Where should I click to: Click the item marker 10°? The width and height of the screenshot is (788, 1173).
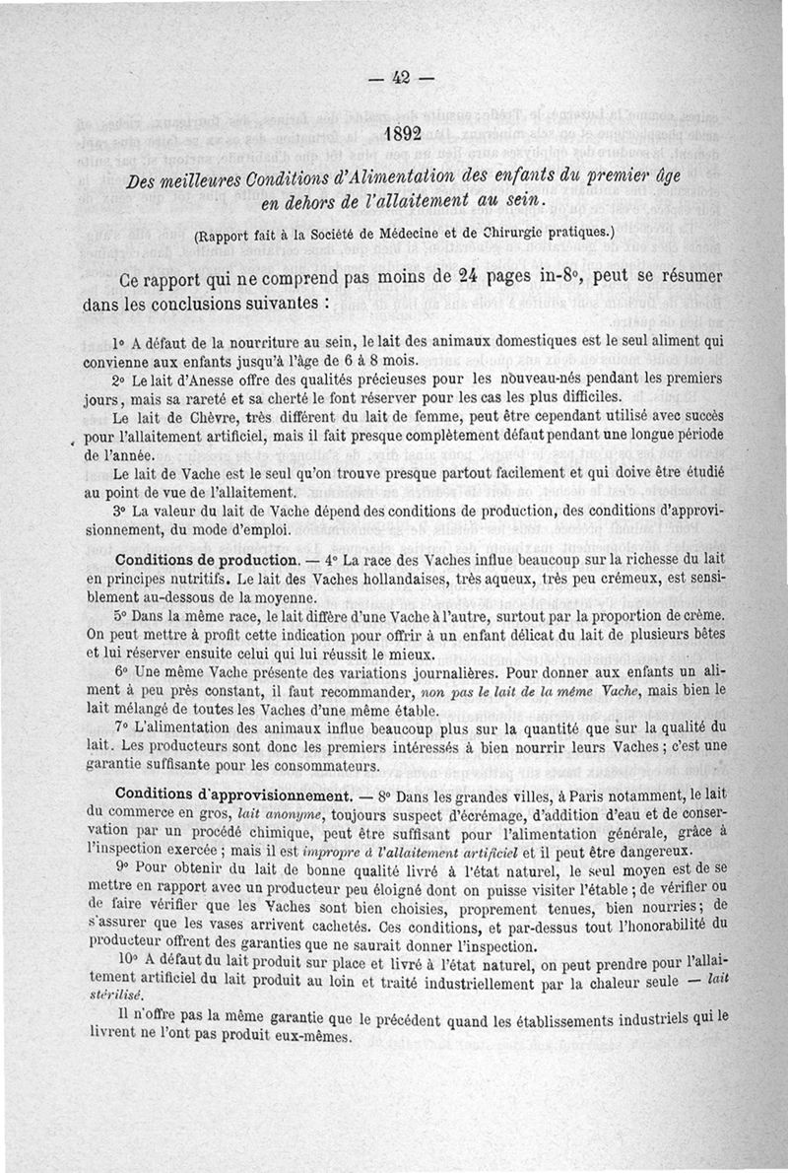[127, 959]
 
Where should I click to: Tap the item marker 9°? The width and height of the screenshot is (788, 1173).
[123, 868]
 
